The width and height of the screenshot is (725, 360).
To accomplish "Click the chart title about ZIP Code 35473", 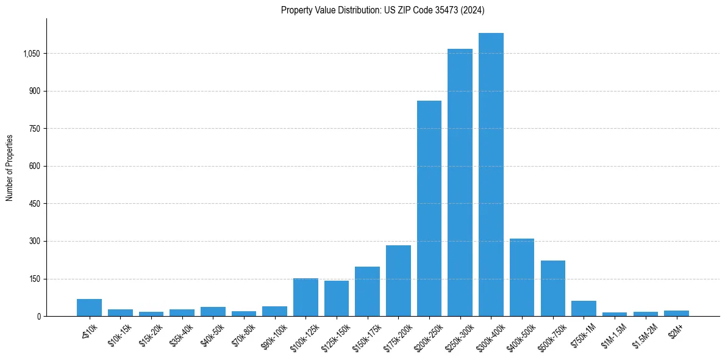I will [x=382, y=10].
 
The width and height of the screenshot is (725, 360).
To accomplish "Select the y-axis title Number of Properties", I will [x=10, y=167].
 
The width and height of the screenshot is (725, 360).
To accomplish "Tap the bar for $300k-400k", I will [x=491, y=175].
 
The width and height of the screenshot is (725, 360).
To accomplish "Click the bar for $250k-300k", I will [x=460, y=182].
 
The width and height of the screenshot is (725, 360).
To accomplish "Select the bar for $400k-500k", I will [x=522, y=278].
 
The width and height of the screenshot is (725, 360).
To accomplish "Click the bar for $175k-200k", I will [x=398, y=281].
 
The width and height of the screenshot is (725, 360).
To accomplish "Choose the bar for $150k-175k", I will [x=367, y=292].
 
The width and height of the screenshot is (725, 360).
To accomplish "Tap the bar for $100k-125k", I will [x=305, y=297].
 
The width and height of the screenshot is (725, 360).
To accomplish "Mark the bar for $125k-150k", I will [x=337, y=298].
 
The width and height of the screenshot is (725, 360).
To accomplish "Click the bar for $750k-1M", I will [x=584, y=309].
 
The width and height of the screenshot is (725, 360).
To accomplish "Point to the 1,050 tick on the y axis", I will [x=31, y=54].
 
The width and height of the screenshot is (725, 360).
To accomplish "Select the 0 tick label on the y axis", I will [x=38, y=317].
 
